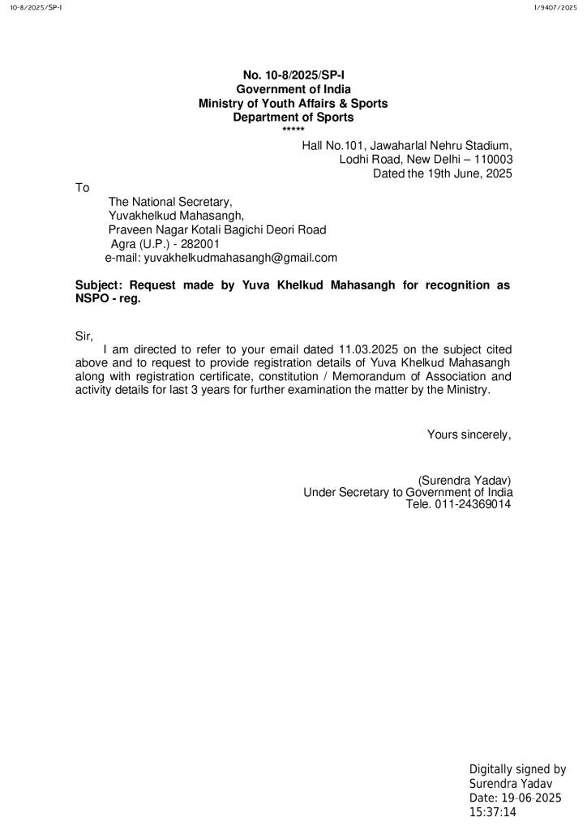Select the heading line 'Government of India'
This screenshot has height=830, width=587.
(293, 89)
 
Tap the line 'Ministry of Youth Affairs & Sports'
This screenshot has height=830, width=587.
(293, 104)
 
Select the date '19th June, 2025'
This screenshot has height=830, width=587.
(466, 173)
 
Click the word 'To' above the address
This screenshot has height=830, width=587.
(82, 188)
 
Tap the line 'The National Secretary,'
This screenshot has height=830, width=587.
(170, 202)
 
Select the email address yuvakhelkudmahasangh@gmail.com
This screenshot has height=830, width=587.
(240, 258)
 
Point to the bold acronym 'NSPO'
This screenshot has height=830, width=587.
(91, 299)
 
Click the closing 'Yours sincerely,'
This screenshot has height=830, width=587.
(469, 435)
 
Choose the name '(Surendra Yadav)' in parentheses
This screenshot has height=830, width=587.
(464, 479)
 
